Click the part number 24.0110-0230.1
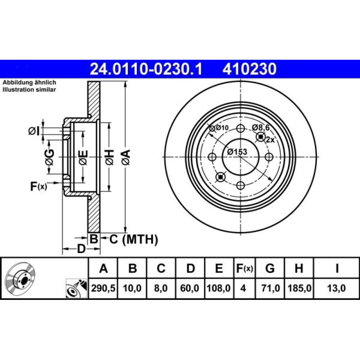click(x=146, y=69)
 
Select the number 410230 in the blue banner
click(x=249, y=69)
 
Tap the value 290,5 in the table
click(x=103, y=288)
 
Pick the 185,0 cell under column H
click(x=299, y=288)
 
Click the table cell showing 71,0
click(x=270, y=288)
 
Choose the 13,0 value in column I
click(x=336, y=288)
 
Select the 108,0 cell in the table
click(x=219, y=288)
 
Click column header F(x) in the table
click(x=244, y=268)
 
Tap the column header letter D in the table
click(x=190, y=268)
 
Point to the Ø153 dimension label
click(x=237, y=152)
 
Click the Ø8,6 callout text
click(x=261, y=127)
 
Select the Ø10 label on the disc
click(x=219, y=128)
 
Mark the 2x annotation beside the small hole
click(x=270, y=139)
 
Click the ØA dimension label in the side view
click(x=126, y=157)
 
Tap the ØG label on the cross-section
click(x=50, y=157)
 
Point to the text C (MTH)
click(x=134, y=239)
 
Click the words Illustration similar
click(x=29, y=90)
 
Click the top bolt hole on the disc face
click(x=240, y=129)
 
